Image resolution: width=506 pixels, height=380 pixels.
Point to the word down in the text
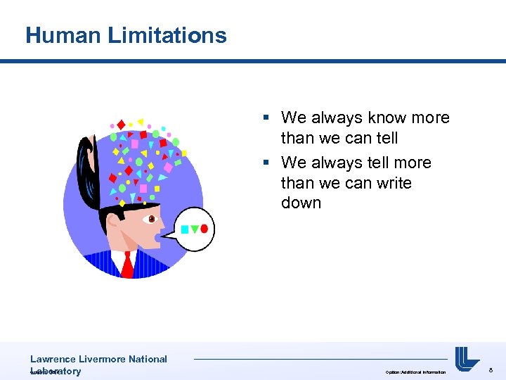click(x=301, y=203)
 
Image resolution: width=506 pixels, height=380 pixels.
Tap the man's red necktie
click(x=127, y=265)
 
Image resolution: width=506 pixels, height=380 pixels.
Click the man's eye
click(x=150, y=220)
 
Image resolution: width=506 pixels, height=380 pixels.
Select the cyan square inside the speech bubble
click(x=185, y=229)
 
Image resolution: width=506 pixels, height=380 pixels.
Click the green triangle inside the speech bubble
click(x=195, y=229)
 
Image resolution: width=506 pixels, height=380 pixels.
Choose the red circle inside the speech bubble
click(x=205, y=228)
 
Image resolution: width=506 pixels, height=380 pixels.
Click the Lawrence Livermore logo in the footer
click(x=467, y=359)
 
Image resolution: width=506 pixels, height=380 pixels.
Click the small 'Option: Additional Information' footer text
click(x=415, y=372)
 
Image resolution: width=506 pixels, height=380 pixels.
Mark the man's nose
click(x=164, y=225)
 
